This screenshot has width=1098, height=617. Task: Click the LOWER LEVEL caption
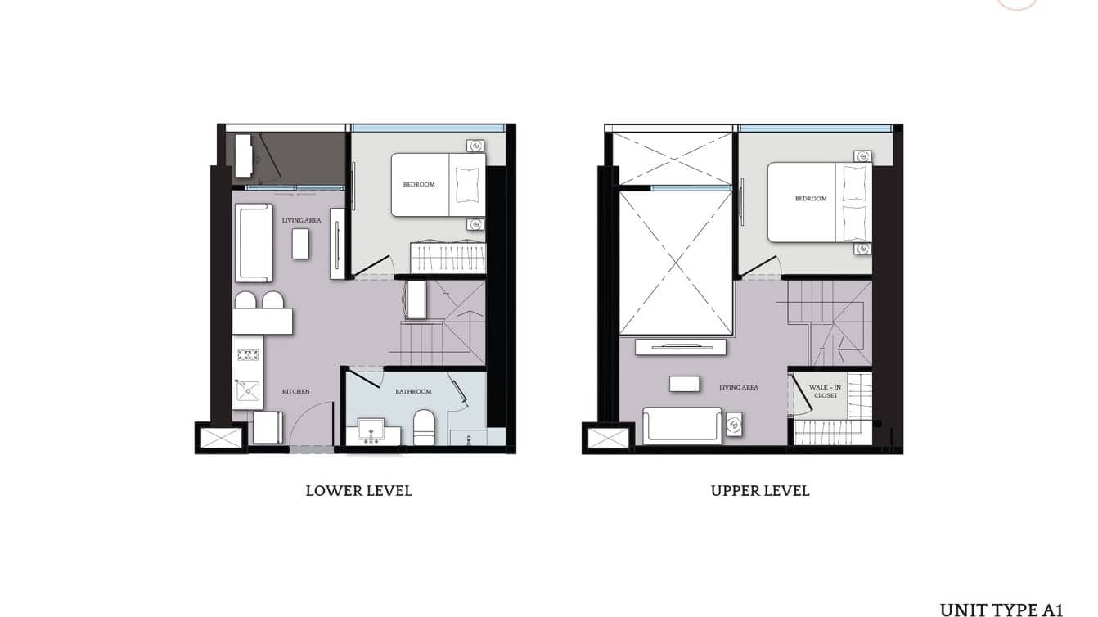358,491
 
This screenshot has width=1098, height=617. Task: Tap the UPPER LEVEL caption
760,491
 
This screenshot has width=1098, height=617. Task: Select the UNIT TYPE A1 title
1001,610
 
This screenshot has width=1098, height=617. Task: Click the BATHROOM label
413,392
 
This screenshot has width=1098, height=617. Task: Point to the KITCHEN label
296,392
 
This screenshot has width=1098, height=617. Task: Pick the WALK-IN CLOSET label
826,391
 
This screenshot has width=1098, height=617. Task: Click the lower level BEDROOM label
419,185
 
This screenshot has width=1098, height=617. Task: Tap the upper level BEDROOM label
811,199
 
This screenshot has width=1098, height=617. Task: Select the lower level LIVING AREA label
301,221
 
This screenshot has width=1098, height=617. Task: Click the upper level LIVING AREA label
739,388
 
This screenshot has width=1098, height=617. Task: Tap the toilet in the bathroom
424,427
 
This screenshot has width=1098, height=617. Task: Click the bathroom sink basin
371,429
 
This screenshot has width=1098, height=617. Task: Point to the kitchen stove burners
248,355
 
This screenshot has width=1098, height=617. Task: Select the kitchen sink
247,391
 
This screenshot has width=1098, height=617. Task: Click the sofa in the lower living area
254,243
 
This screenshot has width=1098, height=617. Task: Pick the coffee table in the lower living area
300,244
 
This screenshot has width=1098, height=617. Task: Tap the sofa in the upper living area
682,425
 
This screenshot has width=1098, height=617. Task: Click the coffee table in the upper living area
684,384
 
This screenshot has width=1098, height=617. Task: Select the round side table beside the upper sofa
734,425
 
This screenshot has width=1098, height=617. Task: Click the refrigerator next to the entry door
267,428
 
